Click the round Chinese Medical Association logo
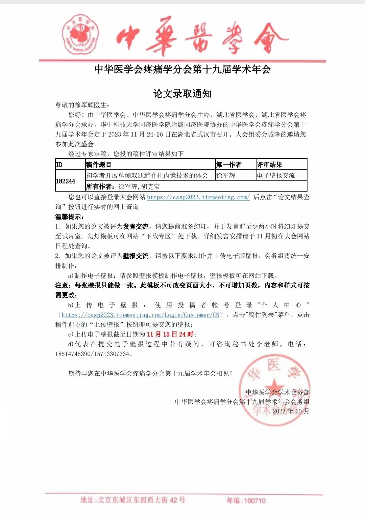80,35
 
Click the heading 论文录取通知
182,93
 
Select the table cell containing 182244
66,181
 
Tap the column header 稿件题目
99,165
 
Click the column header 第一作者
229,165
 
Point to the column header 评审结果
269,165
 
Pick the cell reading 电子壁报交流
276,175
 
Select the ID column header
59,165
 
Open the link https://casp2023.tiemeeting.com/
198,197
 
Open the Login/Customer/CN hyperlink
141,315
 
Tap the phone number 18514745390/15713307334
92,354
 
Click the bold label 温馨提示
69,217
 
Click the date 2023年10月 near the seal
291,411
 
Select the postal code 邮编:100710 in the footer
246,501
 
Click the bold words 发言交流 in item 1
136,227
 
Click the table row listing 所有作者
196,186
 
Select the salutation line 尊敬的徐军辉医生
82,105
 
